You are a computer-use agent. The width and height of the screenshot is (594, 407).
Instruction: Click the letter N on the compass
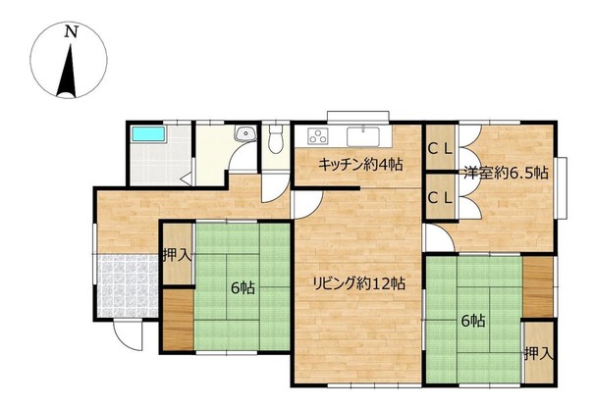tap(71, 31)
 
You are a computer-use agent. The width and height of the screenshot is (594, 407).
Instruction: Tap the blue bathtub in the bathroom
tap(148, 134)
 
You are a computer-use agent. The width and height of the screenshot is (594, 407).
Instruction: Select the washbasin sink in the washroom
tap(245, 133)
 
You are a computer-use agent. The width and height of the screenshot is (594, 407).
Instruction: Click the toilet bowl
tap(276, 139)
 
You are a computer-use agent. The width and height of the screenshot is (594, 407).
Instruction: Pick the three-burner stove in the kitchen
tap(318, 136)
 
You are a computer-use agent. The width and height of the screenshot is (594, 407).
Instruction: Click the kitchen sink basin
tap(363, 136)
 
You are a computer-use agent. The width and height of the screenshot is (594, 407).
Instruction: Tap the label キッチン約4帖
tap(360, 165)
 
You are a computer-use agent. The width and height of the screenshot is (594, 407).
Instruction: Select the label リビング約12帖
tap(358, 282)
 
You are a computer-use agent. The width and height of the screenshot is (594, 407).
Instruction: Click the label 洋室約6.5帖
tap(506, 173)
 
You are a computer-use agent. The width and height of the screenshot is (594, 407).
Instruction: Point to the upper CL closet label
tap(440, 149)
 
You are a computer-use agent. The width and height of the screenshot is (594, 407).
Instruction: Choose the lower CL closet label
tap(440, 197)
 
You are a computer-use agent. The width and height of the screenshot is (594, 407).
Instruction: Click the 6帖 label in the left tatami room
tap(243, 288)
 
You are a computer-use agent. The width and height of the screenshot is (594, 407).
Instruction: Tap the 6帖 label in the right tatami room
tap(473, 321)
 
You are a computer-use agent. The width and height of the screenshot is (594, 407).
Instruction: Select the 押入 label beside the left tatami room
tap(177, 255)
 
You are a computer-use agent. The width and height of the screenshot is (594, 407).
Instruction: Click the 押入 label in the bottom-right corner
tap(539, 354)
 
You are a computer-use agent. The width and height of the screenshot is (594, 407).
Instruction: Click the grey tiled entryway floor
tap(128, 285)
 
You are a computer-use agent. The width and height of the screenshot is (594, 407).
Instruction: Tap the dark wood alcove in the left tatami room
tap(178, 320)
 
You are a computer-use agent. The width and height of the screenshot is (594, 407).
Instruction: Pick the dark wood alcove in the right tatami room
tap(538, 287)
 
